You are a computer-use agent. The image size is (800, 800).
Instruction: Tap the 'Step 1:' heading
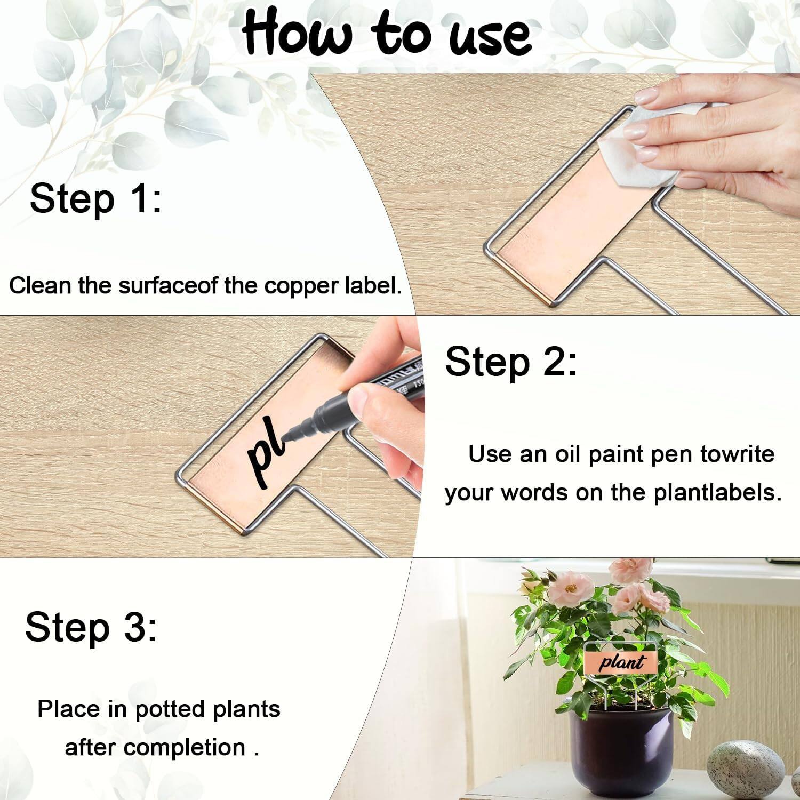pyautogui.click(x=95, y=198)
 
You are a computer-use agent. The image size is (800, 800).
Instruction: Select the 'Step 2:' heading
pyautogui.click(x=510, y=362)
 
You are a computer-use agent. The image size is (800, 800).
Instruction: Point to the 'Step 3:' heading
pyautogui.click(x=91, y=627)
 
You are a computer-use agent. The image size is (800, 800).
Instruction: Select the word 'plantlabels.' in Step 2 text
pyautogui.click(x=717, y=492)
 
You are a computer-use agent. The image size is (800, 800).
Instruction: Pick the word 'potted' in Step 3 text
pyautogui.click(x=171, y=709)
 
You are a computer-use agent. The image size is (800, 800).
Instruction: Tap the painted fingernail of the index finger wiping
pyautogui.click(x=649, y=97)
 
